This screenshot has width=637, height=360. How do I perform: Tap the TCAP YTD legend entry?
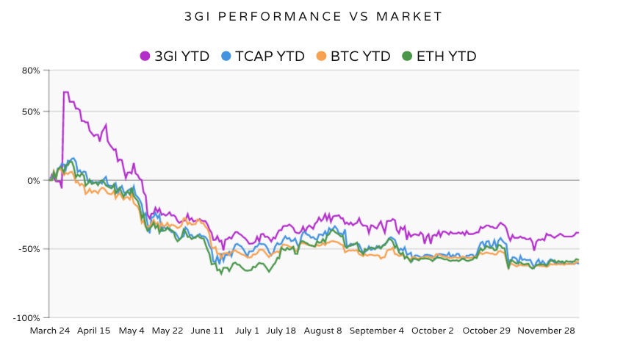click(x=262, y=56)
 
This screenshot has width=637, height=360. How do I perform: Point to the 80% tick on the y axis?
click(x=32, y=71)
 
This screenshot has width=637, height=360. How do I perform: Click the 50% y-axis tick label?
click(x=32, y=112)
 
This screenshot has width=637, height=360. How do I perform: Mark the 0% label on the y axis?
click(x=34, y=180)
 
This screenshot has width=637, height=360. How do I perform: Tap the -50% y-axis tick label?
click(x=30, y=249)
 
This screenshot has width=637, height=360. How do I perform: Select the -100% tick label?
click(x=28, y=317)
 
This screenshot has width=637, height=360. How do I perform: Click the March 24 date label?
click(x=49, y=331)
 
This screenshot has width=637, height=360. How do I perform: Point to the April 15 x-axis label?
click(x=93, y=331)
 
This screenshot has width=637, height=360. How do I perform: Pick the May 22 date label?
click(x=168, y=331)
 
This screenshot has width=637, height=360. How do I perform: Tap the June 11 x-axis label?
click(x=207, y=331)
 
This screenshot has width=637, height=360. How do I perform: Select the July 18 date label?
click(x=281, y=331)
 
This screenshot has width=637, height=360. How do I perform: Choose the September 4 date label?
click(x=376, y=331)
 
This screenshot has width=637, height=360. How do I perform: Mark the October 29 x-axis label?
click(x=486, y=331)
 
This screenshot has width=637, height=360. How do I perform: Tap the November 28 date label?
click(x=545, y=331)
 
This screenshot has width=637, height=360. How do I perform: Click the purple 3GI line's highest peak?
click(x=66, y=93)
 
